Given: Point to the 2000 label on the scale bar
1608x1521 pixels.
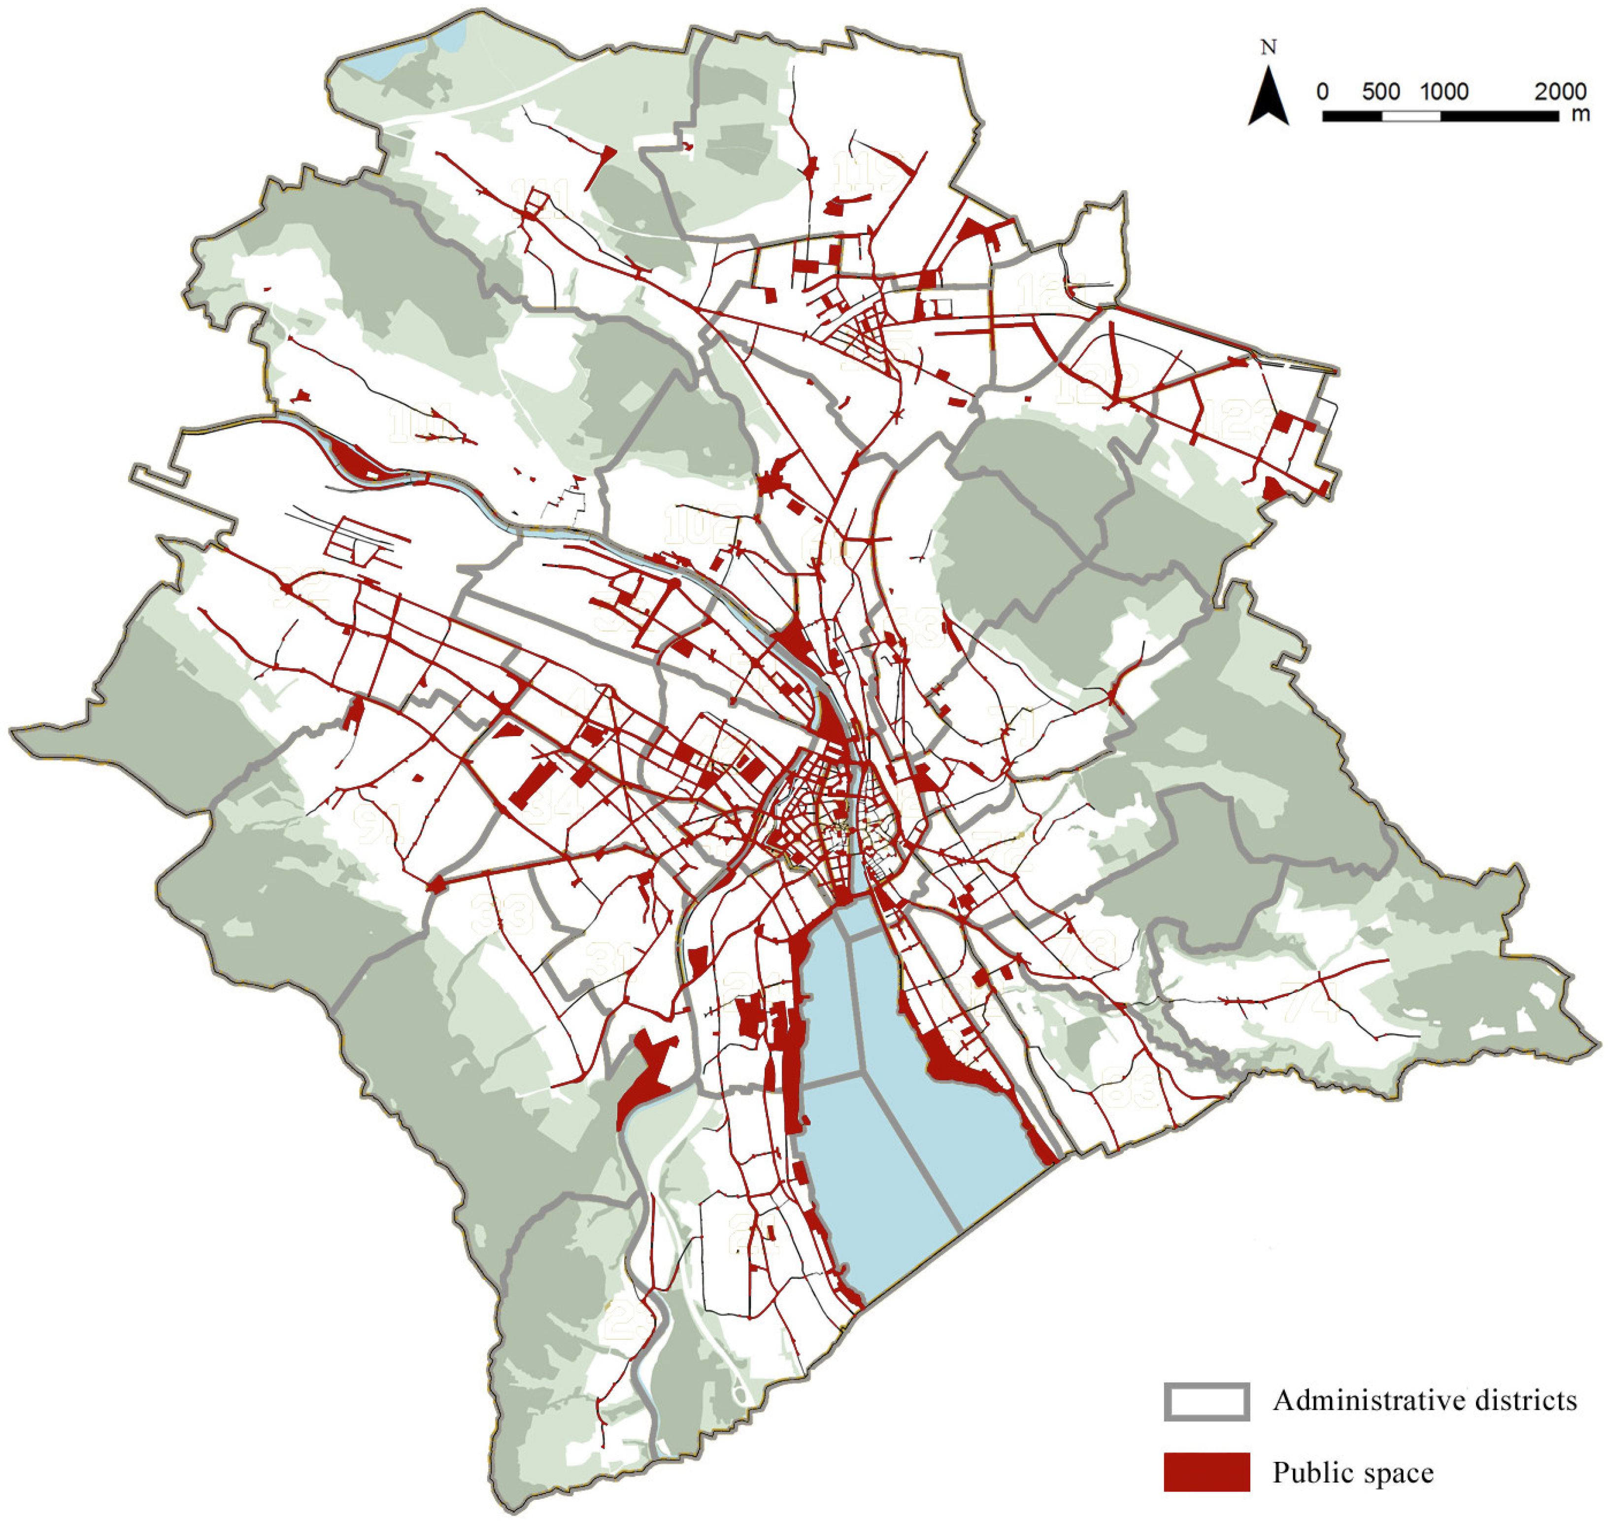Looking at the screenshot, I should (1559, 91).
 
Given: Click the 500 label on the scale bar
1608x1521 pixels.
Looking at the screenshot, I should (1381, 91).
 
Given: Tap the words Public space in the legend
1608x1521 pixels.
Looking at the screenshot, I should (1353, 1472).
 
